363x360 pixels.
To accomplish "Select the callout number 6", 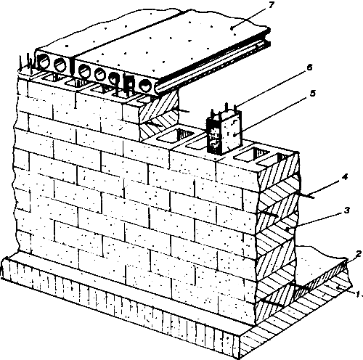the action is pos(309,67).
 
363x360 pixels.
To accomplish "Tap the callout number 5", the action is pos(313,93).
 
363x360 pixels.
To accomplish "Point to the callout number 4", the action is pos(345,177).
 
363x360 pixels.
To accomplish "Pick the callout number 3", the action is pos(346,210).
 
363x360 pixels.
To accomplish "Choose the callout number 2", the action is pos(359,254).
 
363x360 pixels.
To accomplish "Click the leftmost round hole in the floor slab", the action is pos(44,62).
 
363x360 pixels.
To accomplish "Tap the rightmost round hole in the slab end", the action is pos(145,86).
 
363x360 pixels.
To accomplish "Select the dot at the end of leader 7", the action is pos(232,28).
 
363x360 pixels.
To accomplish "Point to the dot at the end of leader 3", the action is pos(287,229).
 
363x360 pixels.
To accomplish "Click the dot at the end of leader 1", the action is pos(338,287).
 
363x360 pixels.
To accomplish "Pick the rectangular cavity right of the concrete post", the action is pos(252,154).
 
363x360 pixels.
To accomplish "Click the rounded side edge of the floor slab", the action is pos(213,63).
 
